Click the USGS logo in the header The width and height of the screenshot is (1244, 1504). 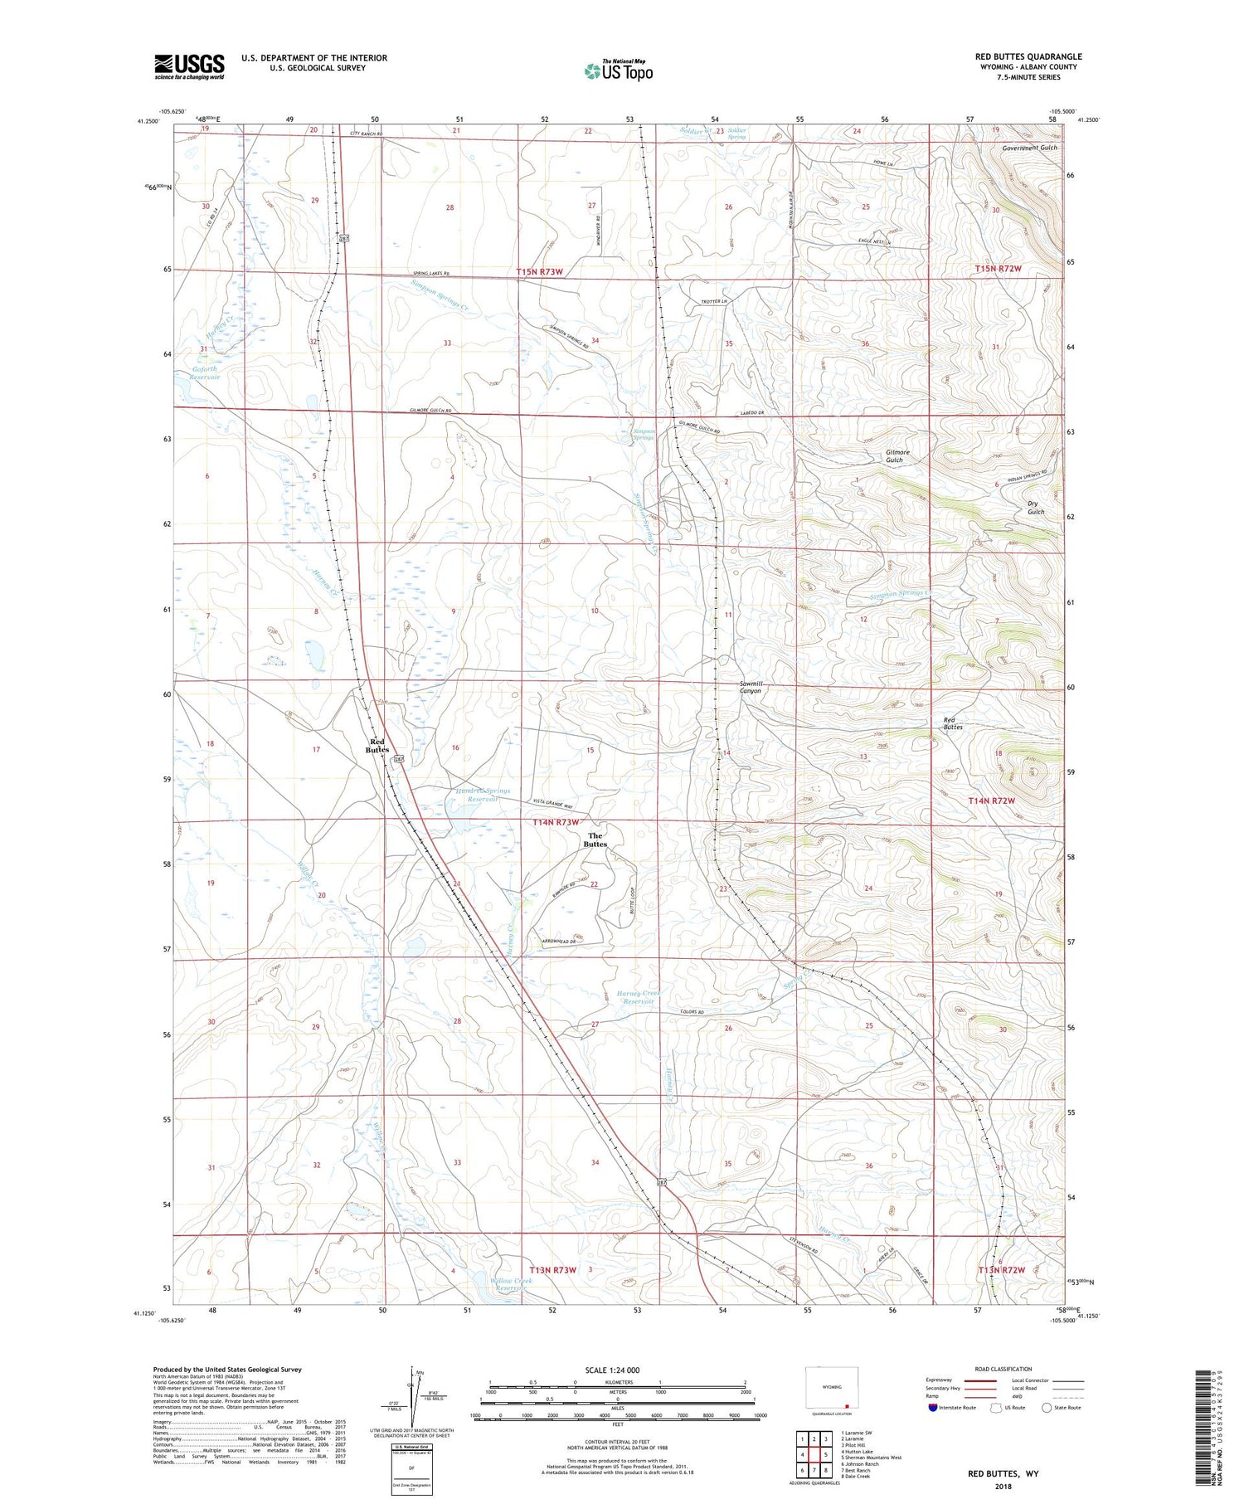coord(189,66)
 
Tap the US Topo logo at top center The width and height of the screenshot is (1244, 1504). coord(619,71)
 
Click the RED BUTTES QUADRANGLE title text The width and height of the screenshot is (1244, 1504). coord(1028,56)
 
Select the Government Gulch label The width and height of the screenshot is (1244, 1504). coord(1029,148)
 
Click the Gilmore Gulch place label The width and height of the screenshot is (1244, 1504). coord(897,456)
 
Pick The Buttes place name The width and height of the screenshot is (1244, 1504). coord(595,840)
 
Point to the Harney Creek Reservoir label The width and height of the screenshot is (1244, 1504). coord(639,997)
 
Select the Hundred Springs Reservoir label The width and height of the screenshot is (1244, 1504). coord(483,795)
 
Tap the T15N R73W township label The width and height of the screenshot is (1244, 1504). coord(540,271)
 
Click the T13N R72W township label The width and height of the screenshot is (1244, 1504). coord(1001,1270)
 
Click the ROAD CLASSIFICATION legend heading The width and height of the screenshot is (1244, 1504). coord(1003,1369)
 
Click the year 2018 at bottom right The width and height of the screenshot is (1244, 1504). coord(1003,1486)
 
